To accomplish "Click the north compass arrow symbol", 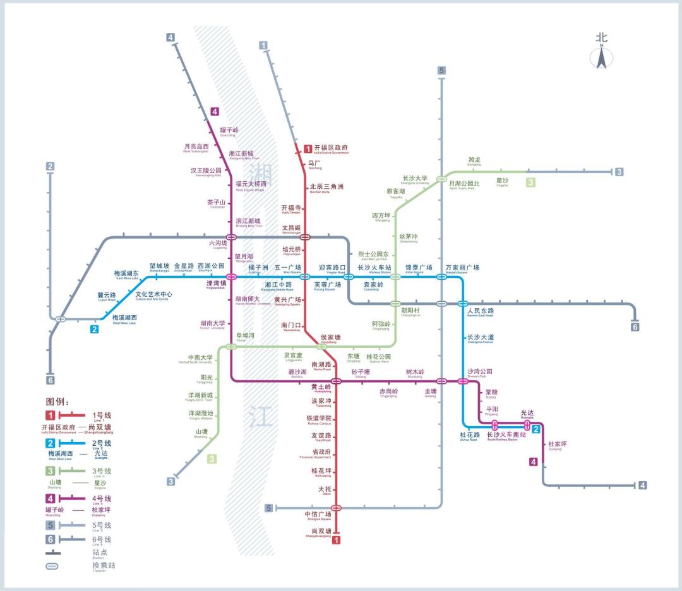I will pos(601,57).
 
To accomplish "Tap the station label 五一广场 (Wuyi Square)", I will pos(288,268).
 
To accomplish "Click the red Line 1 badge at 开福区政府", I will pos(308,149).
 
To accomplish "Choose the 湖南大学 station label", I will pos(212,323).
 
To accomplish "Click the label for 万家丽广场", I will pos(462,268).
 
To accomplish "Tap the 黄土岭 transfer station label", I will pos(321,386).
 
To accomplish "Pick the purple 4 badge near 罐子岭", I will pos(215,112).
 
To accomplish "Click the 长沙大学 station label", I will pos(415,179).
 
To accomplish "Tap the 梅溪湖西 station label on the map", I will pos(124,318).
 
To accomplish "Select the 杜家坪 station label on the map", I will pos(558,445).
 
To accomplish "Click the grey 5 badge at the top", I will pos(441,71).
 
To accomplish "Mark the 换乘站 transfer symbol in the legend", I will pos(52,566).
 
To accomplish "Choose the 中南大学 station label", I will pos(201,358).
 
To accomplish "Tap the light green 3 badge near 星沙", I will pos(530,182).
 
